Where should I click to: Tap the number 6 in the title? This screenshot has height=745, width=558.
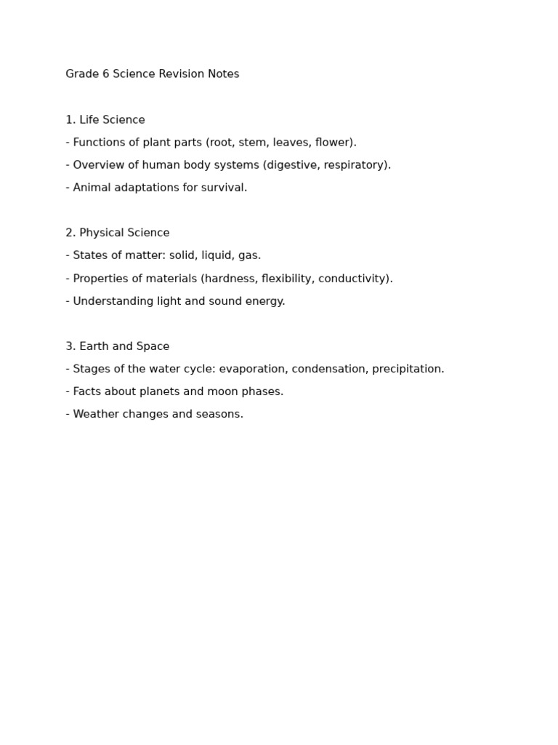105,74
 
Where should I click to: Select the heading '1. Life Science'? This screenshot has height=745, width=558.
105,120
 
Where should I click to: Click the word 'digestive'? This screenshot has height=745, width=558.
292,165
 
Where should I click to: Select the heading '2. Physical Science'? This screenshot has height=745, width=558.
118,233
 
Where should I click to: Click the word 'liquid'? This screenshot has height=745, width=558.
217,255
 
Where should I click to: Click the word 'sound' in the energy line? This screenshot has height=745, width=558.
227,301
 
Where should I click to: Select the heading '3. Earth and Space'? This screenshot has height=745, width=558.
118,346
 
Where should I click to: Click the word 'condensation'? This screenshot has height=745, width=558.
328,369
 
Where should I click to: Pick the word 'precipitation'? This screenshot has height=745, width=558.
407,369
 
